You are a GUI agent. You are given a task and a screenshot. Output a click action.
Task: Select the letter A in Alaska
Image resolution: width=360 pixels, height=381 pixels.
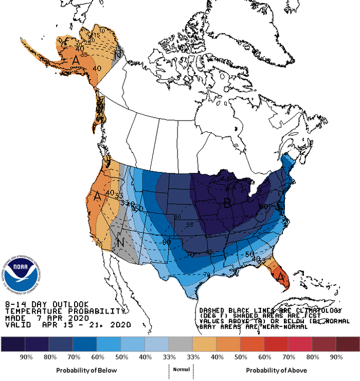pos(76,61)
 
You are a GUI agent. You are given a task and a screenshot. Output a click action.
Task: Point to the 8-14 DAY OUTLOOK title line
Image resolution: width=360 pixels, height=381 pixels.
pos(46,304)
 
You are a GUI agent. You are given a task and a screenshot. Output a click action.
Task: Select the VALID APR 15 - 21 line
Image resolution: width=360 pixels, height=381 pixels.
pos(67,325)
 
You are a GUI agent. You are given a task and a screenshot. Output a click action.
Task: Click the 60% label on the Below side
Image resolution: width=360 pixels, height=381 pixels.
pos(96,357)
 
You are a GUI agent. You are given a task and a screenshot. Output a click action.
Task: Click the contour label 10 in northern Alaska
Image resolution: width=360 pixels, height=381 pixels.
pos(103,31)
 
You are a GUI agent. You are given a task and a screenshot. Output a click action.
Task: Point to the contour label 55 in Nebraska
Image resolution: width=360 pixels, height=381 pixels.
pos(190,225)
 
